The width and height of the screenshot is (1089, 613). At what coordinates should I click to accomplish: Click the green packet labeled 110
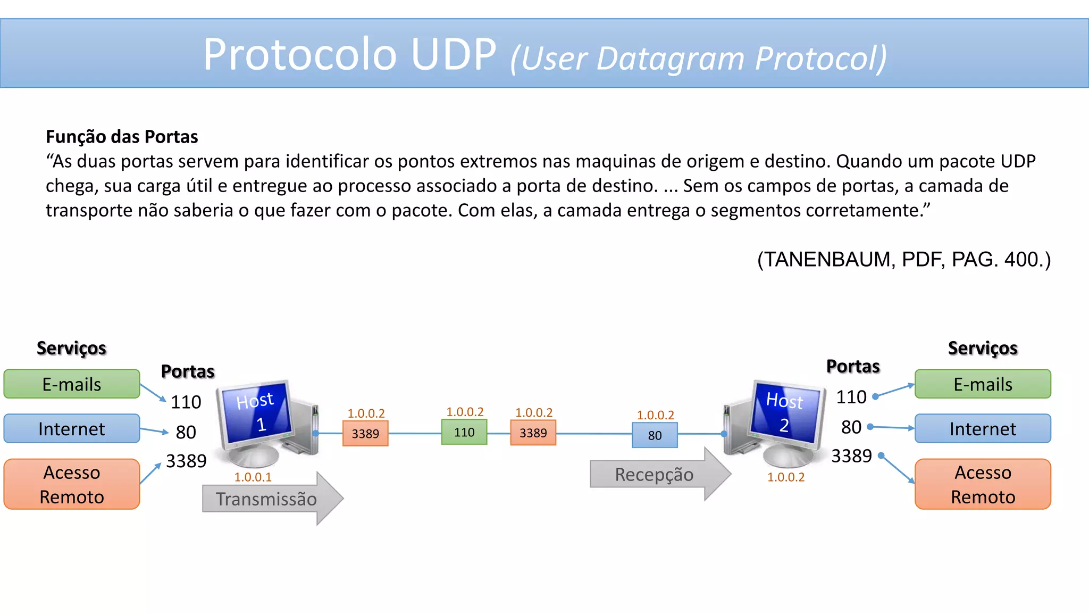point(464,432)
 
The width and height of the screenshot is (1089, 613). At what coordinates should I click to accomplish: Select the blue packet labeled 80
point(655,435)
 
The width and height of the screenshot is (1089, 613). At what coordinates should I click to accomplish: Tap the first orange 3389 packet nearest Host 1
point(365,434)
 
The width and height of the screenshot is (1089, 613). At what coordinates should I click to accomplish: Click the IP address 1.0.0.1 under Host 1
point(253,477)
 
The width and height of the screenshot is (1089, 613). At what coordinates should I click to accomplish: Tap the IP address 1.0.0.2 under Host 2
point(785,477)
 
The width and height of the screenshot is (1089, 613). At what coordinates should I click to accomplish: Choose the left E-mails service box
point(72,384)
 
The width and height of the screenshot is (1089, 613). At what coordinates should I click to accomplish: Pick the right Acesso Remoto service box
point(983,484)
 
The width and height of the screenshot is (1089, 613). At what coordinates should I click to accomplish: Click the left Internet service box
point(72,429)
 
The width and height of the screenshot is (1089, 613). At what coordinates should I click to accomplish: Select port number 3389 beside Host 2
point(851,456)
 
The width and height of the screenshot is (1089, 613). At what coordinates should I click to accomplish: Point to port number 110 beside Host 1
point(186,402)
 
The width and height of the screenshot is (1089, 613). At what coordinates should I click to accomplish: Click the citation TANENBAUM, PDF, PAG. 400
point(904,260)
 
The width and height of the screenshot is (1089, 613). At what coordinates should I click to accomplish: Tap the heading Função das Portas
point(122,137)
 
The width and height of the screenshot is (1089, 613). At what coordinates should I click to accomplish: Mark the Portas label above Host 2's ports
point(853,367)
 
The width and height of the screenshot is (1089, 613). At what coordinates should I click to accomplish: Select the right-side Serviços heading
point(983,348)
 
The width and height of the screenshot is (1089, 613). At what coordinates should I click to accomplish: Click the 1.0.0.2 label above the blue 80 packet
point(655,415)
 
